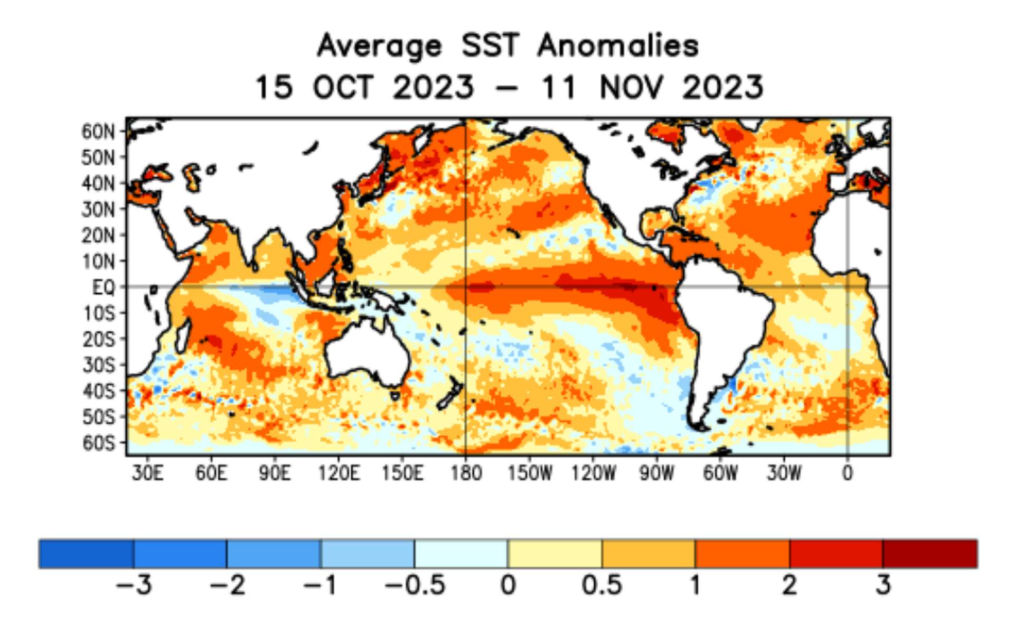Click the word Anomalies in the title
click(618, 45)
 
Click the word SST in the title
click(490, 45)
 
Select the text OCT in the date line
click(343, 87)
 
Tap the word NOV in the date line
click(631, 87)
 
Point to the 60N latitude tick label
click(98, 132)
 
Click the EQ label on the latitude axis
click(104, 287)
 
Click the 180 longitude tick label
click(466, 473)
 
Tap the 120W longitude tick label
click(593, 473)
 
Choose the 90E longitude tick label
click(275, 473)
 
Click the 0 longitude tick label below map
click(847, 473)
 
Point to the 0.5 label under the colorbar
click(602, 585)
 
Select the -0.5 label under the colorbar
click(415, 585)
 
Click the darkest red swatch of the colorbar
click(929, 554)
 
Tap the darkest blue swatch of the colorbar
click(86, 554)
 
